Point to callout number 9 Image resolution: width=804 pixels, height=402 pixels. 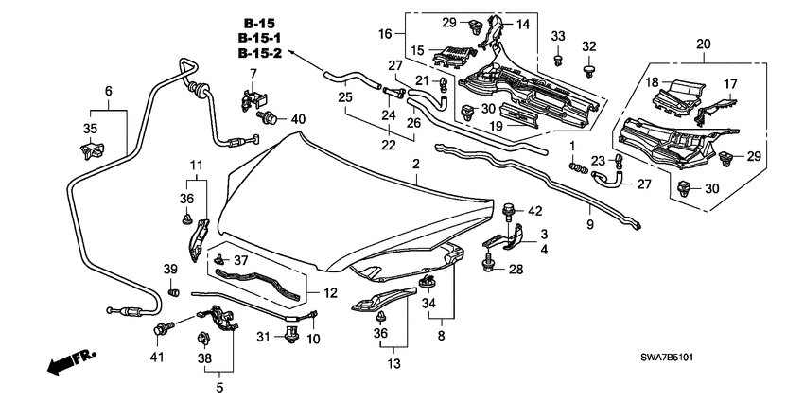coord(589,226)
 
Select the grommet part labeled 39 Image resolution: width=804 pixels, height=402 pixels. coord(172,292)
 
